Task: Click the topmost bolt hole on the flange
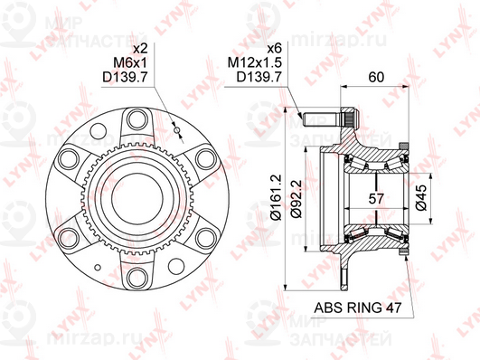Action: point(137,118)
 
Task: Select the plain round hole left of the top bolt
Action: point(96,133)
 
